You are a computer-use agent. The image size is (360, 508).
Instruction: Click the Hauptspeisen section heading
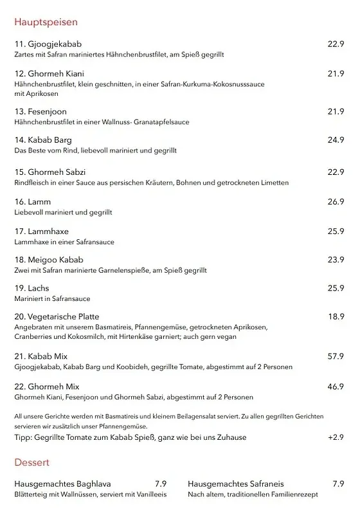[x=46, y=23]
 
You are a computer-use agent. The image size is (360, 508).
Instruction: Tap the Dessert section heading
[x=32, y=462]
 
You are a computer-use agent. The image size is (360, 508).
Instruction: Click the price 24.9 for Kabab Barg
[x=336, y=140]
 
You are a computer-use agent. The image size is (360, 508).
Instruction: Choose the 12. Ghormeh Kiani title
[x=49, y=73]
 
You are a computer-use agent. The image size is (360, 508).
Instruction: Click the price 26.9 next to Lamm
[x=336, y=202]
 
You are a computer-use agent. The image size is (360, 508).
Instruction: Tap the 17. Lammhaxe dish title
[x=41, y=231]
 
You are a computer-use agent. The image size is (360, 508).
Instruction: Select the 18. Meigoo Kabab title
[x=49, y=260]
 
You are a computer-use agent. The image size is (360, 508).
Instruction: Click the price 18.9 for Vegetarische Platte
[x=336, y=316]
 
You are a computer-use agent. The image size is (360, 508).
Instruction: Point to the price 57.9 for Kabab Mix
[x=336, y=356]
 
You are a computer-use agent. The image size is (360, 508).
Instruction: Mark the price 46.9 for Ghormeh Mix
[x=336, y=386]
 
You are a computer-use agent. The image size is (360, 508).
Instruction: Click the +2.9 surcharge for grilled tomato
[x=336, y=437]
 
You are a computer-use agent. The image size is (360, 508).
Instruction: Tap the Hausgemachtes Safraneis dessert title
[x=236, y=484]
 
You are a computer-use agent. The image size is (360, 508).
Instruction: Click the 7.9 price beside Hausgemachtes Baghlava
[x=161, y=484]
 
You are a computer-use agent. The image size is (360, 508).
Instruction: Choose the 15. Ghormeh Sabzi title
[x=50, y=172]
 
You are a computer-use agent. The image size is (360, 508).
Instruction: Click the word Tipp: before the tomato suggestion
[x=23, y=437]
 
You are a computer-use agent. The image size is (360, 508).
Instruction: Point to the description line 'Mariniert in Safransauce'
[x=52, y=299]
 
